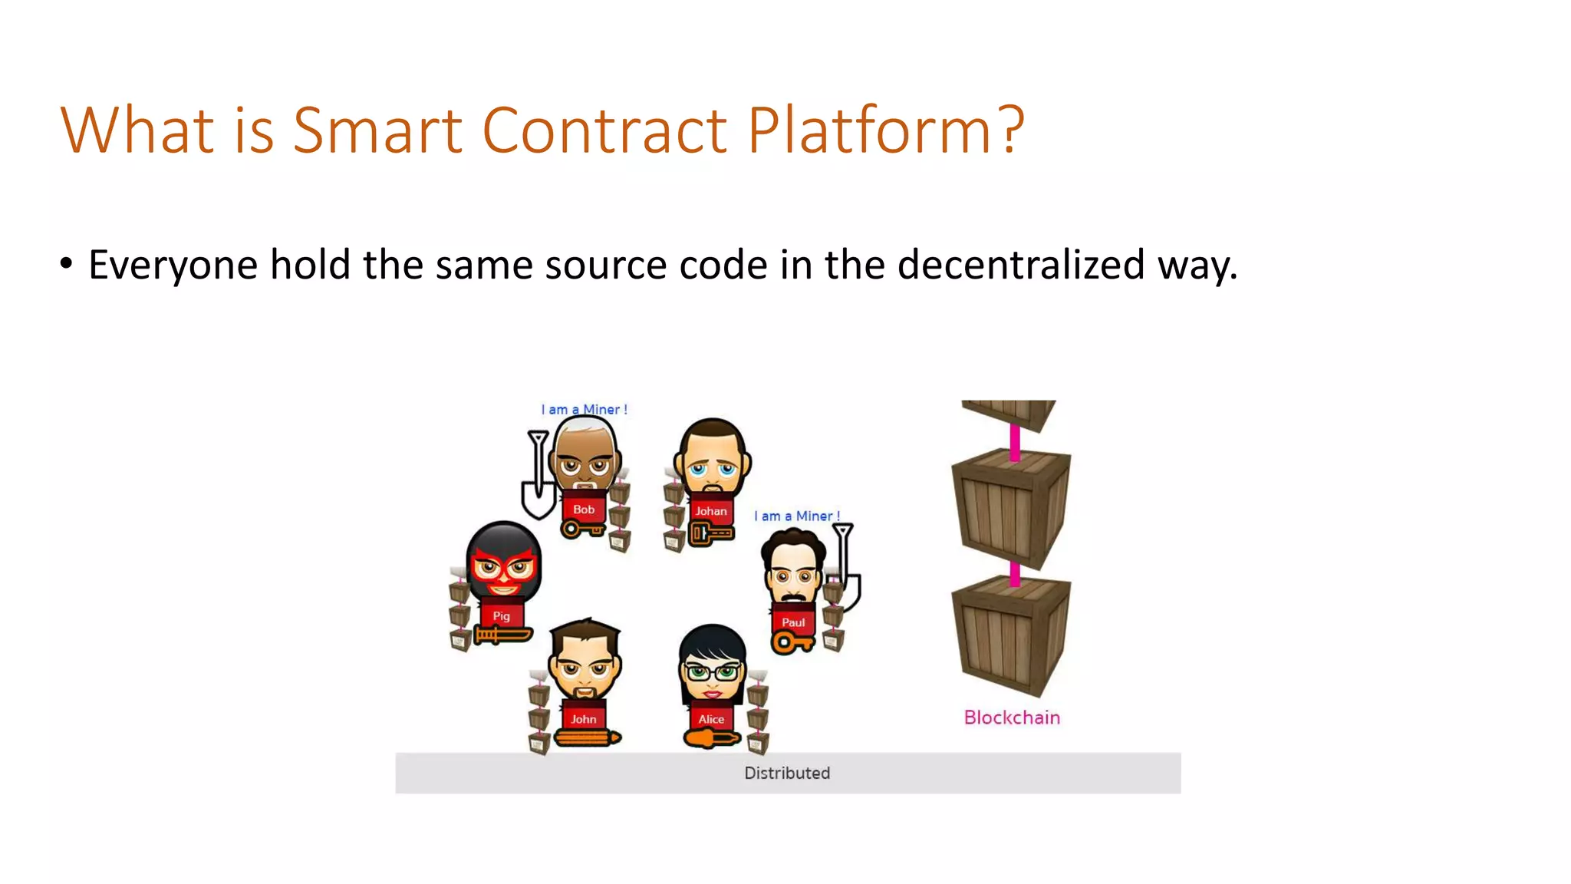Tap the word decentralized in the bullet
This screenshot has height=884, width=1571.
click(1020, 265)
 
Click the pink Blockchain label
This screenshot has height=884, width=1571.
click(1012, 717)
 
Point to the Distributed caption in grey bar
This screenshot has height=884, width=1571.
click(787, 773)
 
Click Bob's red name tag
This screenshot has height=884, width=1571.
click(584, 510)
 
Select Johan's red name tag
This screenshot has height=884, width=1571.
click(711, 511)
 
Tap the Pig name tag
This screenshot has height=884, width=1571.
click(501, 615)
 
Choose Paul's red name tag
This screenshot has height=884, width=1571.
click(793, 622)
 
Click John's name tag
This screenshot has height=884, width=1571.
click(583, 719)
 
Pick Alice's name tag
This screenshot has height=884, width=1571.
click(711, 719)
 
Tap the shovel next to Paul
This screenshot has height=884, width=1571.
click(846, 568)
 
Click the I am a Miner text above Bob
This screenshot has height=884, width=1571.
click(584, 410)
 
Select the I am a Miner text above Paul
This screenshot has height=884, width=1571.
click(796, 516)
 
